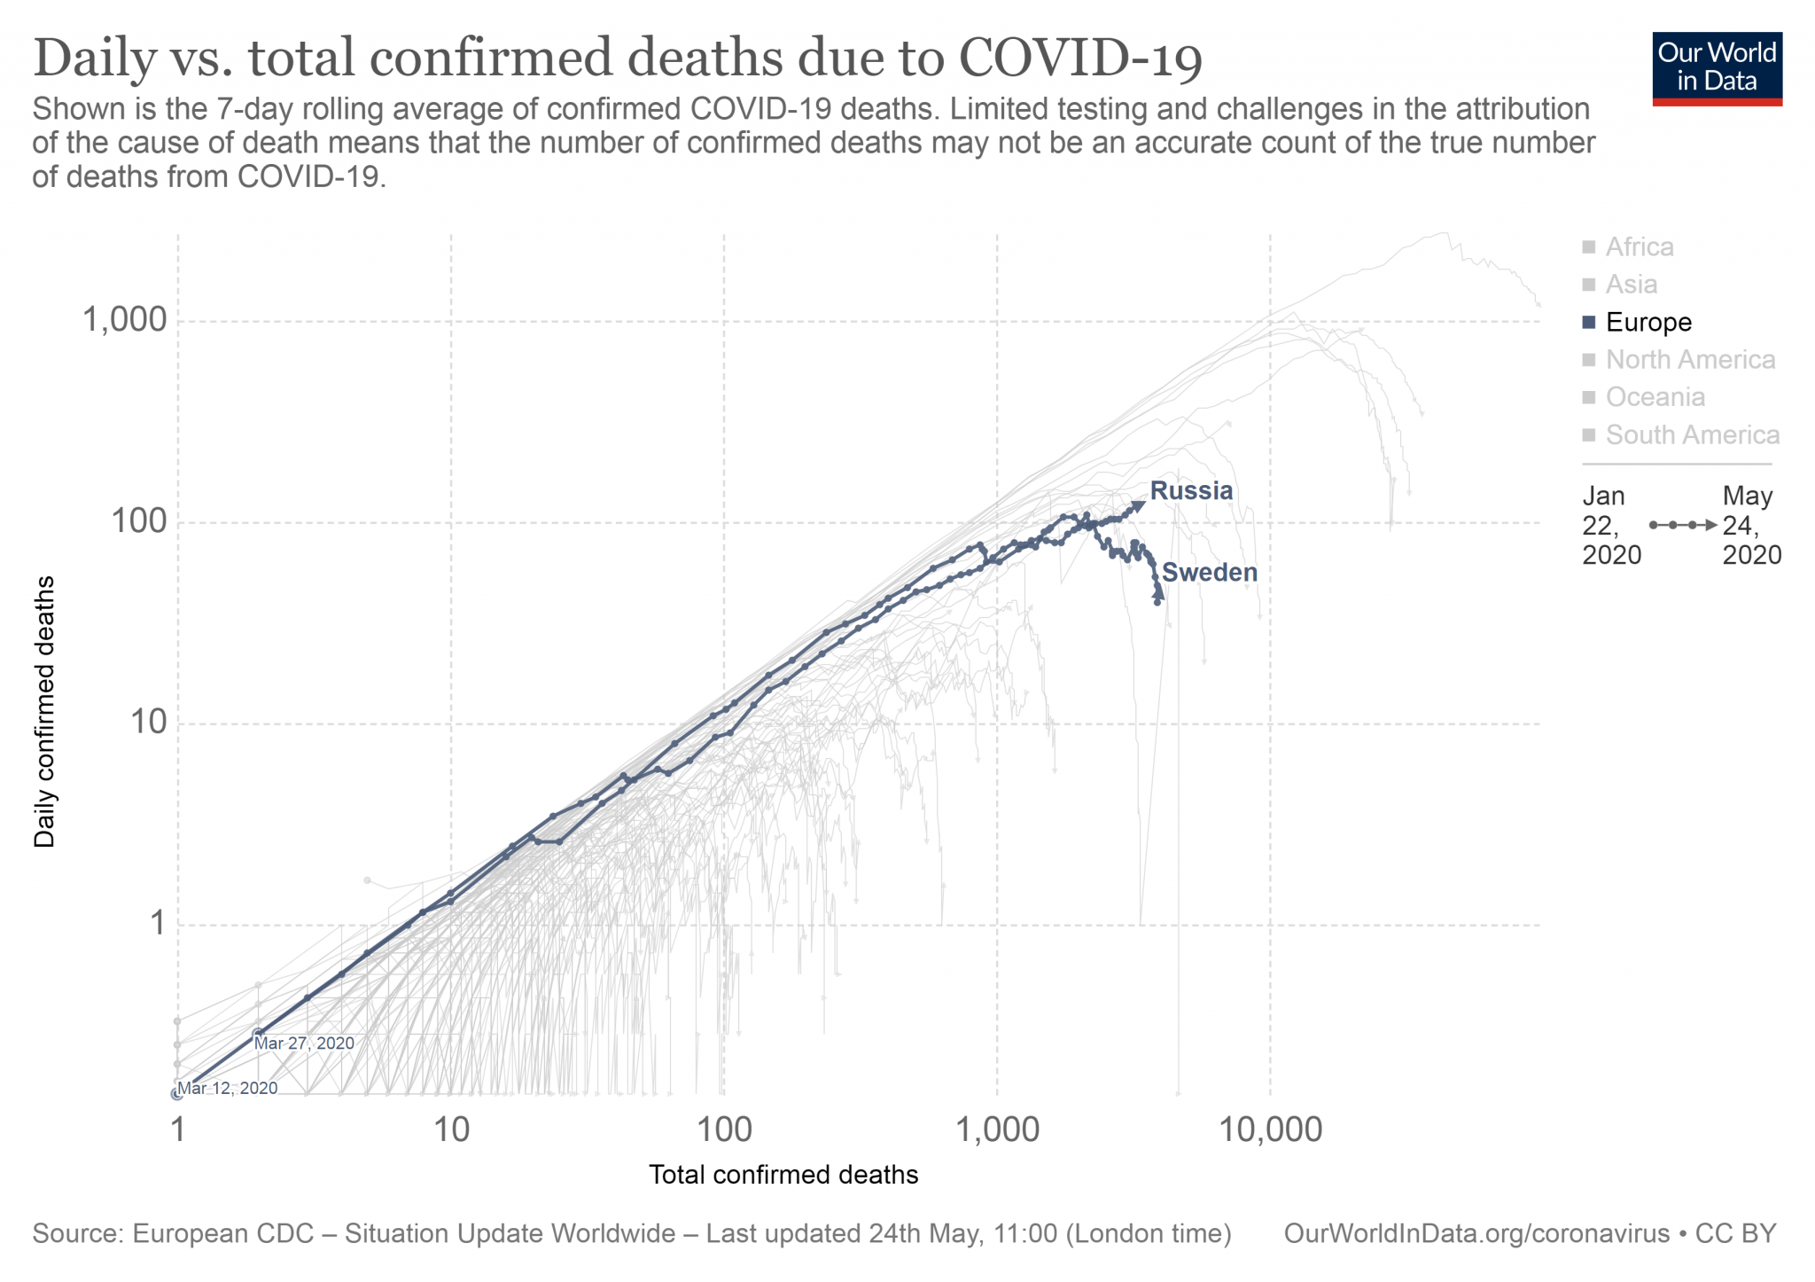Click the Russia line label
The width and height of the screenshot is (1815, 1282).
pyautogui.click(x=1190, y=491)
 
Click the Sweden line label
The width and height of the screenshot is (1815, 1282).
pyautogui.click(x=1209, y=573)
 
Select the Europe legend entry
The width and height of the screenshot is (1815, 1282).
pyautogui.click(x=1648, y=322)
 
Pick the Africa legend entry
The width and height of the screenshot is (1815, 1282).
pyautogui.click(x=1639, y=246)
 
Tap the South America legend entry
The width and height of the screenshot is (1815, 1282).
pyautogui.click(x=1692, y=435)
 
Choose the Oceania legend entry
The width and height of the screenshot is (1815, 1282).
pyautogui.click(x=1655, y=397)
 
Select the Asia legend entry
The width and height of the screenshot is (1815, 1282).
pyautogui.click(x=1631, y=285)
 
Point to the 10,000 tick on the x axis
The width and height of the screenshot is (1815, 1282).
pyautogui.click(x=1270, y=1130)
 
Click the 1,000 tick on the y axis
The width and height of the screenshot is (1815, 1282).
pyautogui.click(x=125, y=319)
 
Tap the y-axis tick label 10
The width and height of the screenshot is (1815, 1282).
pyautogui.click(x=150, y=723)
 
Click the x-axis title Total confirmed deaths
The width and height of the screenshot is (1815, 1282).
pyautogui.click(x=783, y=1175)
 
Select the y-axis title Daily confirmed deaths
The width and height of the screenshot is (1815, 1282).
pyautogui.click(x=44, y=711)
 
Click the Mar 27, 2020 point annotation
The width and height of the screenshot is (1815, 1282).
pyautogui.click(x=304, y=1044)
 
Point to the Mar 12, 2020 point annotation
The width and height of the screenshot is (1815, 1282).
pyautogui.click(x=228, y=1088)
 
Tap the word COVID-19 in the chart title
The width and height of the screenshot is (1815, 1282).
pyautogui.click(x=1080, y=59)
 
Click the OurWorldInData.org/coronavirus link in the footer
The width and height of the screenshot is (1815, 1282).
pyautogui.click(x=1476, y=1234)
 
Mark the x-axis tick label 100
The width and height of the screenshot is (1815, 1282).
pyautogui.click(x=723, y=1130)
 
